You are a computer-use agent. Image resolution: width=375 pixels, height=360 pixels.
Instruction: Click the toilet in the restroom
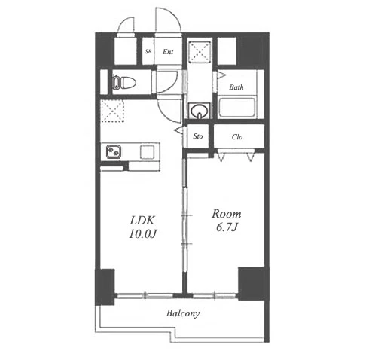click(x=123, y=82)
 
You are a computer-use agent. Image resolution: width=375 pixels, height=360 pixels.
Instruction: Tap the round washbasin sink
click(x=199, y=111)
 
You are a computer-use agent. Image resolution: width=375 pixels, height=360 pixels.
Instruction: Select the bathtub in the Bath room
click(x=236, y=108)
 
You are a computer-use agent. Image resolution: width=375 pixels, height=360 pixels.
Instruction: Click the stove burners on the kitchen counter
click(x=114, y=151)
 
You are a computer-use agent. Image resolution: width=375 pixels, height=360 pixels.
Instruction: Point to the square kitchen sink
click(x=147, y=152)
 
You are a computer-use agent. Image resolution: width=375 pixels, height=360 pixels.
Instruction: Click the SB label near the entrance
click(x=148, y=52)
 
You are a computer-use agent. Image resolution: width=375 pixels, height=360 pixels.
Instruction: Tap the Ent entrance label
click(x=168, y=52)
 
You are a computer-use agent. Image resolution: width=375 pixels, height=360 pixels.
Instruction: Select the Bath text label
click(x=236, y=87)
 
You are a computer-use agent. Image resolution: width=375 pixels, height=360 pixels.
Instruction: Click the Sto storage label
click(x=198, y=136)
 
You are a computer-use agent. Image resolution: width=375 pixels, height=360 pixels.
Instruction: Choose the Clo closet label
click(x=237, y=137)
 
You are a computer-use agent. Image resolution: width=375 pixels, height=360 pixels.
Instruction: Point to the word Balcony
click(x=183, y=313)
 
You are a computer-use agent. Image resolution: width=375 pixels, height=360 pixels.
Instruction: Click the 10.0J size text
click(x=143, y=234)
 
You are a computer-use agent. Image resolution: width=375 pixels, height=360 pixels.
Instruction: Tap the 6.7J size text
click(x=227, y=227)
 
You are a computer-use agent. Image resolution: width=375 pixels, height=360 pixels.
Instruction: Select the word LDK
click(x=142, y=221)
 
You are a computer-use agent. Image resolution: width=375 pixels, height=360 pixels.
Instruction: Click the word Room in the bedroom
click(x=227, y=214)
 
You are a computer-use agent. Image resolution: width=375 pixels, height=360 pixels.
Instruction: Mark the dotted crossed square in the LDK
click(x=112, y=111)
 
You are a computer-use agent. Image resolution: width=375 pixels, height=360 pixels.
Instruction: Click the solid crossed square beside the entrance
click(x=200, y=52)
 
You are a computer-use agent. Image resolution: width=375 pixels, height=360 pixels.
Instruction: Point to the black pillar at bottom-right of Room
click(x=254, y=284)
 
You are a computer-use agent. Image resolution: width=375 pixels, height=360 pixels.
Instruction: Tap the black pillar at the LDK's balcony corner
click(x=105, y=287)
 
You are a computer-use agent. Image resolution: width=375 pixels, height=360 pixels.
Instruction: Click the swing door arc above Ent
click(x=168, y=20)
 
